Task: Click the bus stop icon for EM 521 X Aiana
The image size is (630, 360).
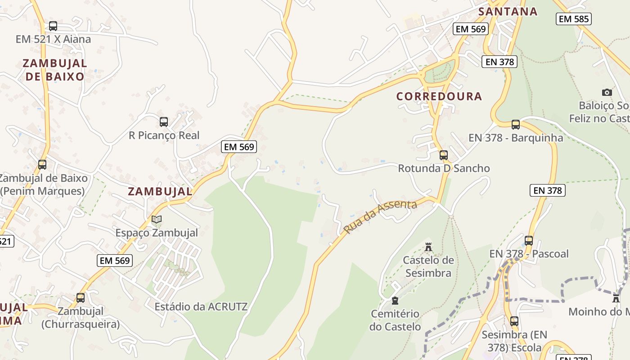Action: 53,26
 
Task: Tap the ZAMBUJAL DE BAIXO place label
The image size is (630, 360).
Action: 55,70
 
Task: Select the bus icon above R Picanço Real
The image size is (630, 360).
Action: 164,122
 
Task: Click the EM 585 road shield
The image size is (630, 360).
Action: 573,19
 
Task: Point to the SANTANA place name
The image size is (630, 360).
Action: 508,12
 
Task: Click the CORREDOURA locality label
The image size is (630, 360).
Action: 439,96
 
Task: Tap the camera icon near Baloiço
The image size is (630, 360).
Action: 607,93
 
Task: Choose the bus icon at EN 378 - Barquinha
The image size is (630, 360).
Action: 516,125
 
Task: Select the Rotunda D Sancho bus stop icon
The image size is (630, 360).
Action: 444,155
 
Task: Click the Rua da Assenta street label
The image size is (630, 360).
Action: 380,217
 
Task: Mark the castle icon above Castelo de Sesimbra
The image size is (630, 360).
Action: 428,247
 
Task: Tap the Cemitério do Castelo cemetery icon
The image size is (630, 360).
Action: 395,301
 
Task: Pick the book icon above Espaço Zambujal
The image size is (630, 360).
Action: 157,220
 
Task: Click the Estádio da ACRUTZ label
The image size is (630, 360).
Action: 201,307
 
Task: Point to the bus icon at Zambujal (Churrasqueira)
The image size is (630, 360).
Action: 81,298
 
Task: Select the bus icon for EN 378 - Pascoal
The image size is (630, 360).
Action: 529,241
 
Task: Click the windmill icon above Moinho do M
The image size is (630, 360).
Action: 616,298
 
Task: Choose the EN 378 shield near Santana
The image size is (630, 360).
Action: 499,62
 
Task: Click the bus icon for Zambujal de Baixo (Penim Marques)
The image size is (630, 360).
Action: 42,165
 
